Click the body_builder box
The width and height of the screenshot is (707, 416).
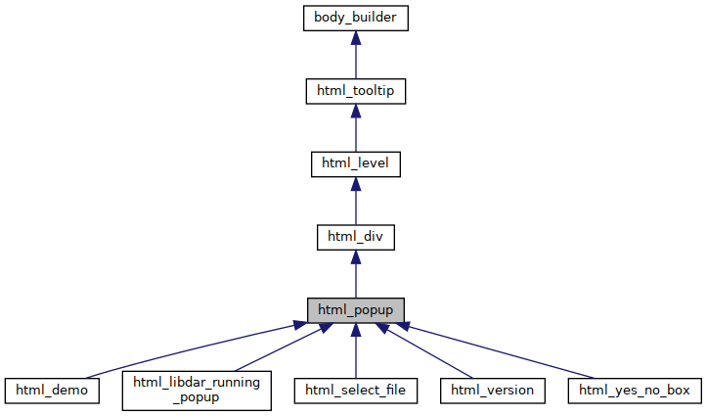point(355,18)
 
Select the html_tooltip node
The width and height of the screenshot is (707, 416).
point(355,91)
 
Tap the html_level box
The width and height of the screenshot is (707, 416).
point(355,163)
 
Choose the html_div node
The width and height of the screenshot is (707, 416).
point(355,236)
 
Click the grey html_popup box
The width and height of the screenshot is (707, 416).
point(355,309)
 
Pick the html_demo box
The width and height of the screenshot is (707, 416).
point(52,391)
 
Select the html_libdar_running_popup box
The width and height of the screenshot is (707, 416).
point(197,390)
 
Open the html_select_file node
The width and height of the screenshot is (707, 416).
point(356,391)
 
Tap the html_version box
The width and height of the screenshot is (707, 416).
point(492,391)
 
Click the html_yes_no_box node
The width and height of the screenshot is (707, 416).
point(635,391)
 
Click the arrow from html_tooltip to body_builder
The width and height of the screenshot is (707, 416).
point(355,59)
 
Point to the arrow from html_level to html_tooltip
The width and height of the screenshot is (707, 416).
point(355,131)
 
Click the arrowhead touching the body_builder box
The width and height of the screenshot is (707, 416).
point(355,38)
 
